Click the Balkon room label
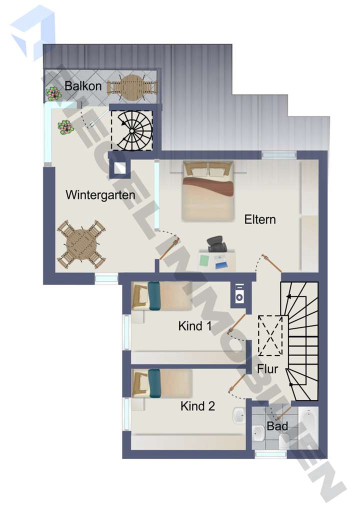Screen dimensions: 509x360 pos(83,86)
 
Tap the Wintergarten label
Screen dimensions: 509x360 pos(100,195)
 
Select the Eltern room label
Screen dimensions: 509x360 pos(260,219)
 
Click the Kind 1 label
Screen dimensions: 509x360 pos(195,326)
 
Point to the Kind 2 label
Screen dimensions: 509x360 pos(197,406)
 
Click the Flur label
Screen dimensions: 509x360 pos(267,369)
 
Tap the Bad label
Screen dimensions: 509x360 pos(277,426)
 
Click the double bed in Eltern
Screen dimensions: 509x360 pos(208,190)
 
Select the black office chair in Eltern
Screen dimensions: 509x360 pos(216,244)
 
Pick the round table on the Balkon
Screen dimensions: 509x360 pos(131,87)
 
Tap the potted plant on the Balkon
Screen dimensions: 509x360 pos(52,93)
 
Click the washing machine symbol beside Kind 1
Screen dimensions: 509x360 pos(239,293)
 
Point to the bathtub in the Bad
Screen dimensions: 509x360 pos(308,428)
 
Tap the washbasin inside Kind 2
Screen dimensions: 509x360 pos(239,415)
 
